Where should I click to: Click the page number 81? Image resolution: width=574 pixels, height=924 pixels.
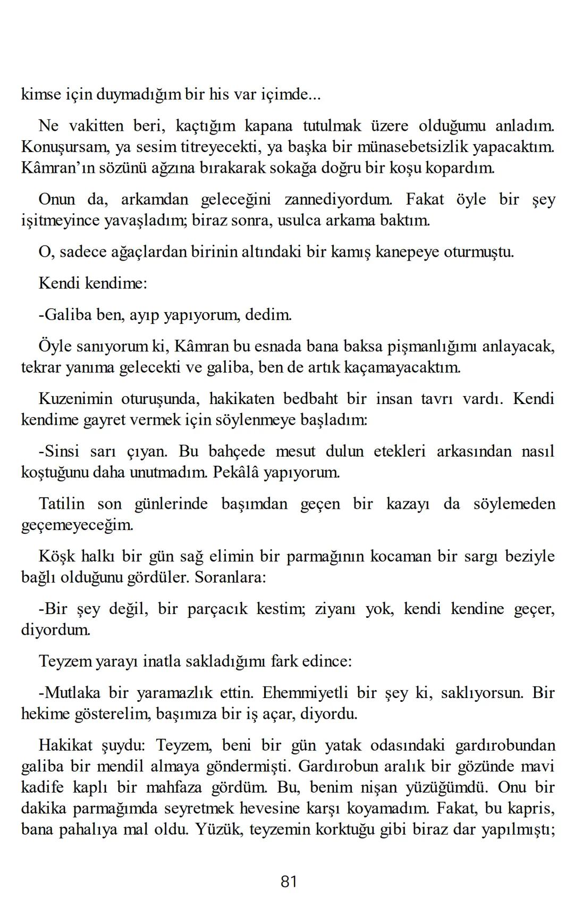288,881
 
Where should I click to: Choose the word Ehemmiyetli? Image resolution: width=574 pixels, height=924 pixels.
305,693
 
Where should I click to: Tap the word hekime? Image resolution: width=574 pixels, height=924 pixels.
47,713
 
